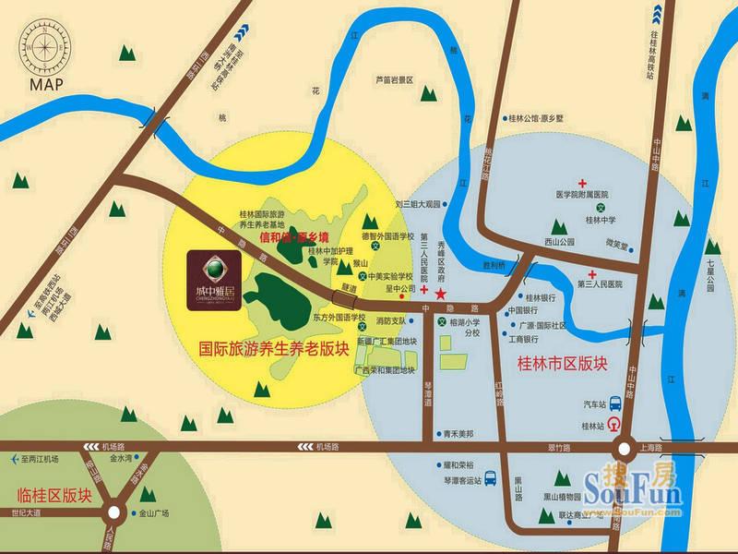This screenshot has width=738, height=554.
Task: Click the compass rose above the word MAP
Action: coord(44,44)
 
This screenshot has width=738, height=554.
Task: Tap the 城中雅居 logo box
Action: coord(214,276)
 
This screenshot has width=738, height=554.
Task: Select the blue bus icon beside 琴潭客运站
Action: coord(491,478)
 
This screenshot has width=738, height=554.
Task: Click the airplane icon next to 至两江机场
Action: coord(14,459)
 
